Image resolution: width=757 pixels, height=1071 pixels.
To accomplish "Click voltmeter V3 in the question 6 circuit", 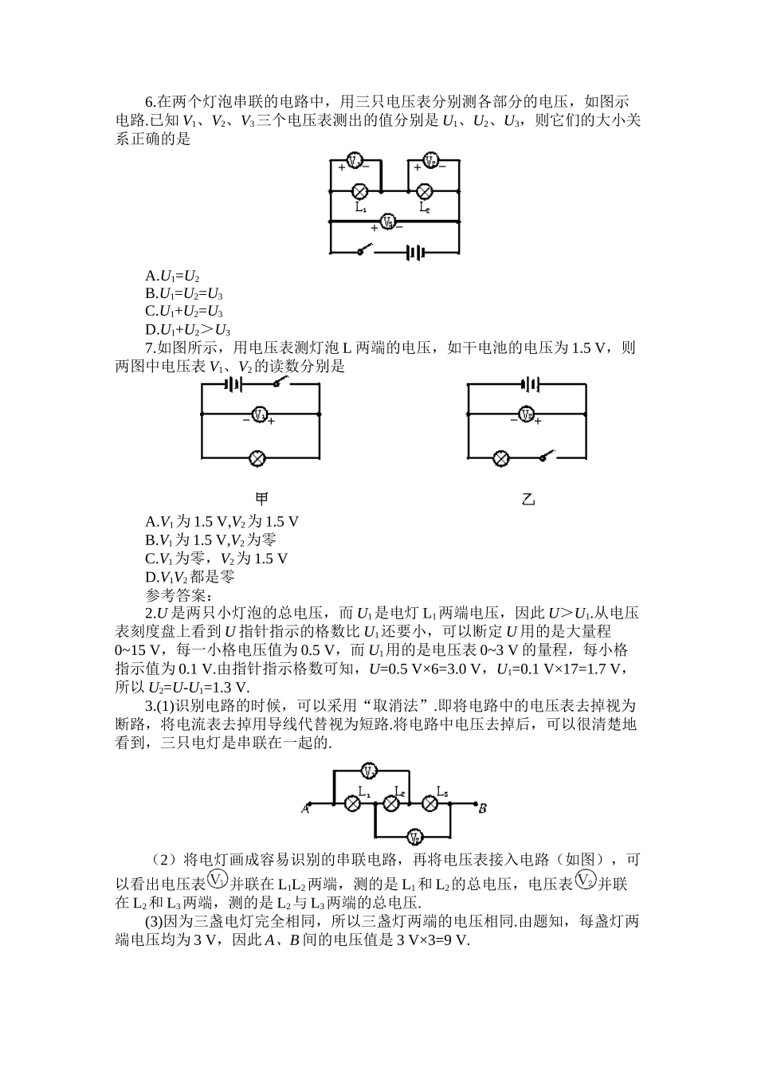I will (x=387, y=222).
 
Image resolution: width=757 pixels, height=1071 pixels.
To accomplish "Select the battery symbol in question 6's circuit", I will (x=415, y=253).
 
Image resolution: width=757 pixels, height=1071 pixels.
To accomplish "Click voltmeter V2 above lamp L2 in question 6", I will (x=430, y=161).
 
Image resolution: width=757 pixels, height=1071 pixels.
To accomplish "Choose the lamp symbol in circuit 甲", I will (x=257, y=458).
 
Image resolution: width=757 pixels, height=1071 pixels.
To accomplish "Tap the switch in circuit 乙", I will (x=547, y=456).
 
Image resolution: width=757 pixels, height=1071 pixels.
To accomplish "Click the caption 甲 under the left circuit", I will (x=261, y=499).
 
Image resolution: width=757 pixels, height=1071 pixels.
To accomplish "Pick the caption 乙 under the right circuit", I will (x=528, y=500).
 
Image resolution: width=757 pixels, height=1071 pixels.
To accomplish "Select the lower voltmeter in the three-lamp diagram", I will (x=414, y=836).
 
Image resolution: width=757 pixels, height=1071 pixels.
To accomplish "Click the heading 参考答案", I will (x=178, y=595).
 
